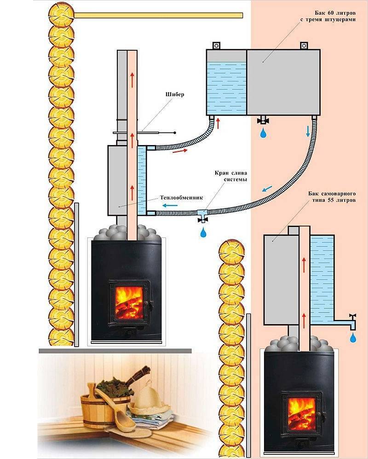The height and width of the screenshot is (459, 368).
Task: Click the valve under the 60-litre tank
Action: pos(264,121)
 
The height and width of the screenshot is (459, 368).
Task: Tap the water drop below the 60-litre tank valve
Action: pos(263,134)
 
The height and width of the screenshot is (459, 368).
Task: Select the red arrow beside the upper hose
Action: pos(181,151)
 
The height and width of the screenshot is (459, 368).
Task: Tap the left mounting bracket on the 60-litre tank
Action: pos(216,46)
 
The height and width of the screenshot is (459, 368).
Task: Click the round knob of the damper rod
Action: pos(175,133)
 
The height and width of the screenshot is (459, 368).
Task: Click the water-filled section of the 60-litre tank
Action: pos(225,87)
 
